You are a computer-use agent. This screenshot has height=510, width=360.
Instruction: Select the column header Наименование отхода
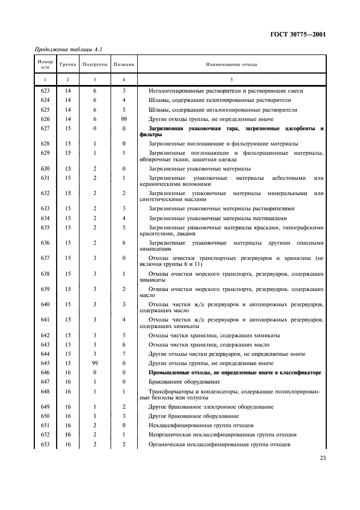click(x=231, y=64)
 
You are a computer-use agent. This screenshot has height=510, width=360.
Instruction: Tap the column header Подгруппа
click(x=95, y=64)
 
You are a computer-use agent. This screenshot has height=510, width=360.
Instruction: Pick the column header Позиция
click(x=124, y=64)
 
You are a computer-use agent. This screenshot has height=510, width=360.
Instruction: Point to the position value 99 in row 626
click(x=124, y=119)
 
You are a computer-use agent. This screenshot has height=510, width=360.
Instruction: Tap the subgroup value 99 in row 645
click(x=95, y=362)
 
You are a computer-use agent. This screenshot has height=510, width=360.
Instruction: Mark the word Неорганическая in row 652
click(x=170, y=434)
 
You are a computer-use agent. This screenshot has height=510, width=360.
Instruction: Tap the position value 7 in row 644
click(x=124, y=353)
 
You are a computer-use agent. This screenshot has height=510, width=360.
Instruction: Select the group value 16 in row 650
click(x=68, y=416)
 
